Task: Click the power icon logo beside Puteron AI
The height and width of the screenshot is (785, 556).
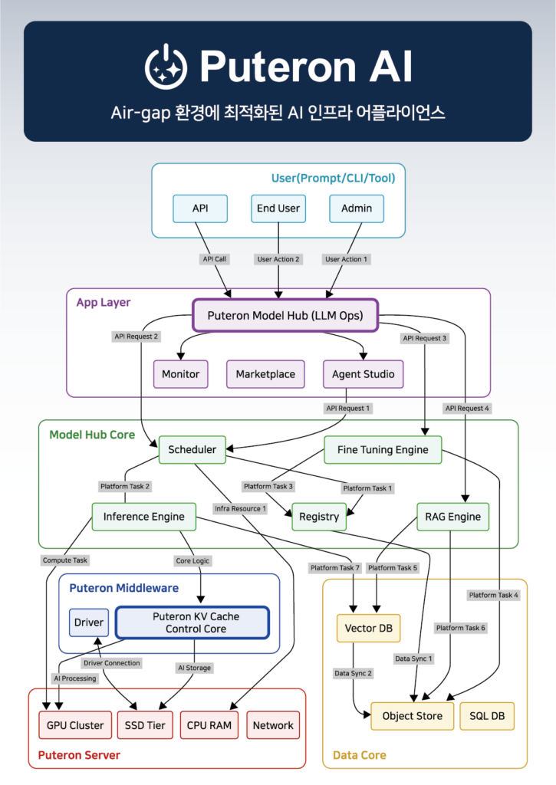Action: pyautogui.click(x=166, y=66)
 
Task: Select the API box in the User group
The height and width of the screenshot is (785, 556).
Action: pyautogui.click(x=199, y=208)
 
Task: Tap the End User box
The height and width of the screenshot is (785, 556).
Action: pyautogui.click(x=278, y=208)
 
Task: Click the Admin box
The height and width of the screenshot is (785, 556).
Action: pyautogui.click(x=357, y=208)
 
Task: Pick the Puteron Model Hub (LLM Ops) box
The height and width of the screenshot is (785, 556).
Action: pyautogui.click(x=285, y=315)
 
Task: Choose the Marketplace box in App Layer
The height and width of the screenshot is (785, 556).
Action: pyautogui.click(x=265, y=374)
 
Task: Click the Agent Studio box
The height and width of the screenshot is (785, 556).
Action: pyautogui.click(x=363, y=374)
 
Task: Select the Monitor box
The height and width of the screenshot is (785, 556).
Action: pyautogui.click(x=180, y=374)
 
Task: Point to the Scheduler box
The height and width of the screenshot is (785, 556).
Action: pyautogui.click(x=192, y=449)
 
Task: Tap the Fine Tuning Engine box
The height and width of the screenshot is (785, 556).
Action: pyautogui.click(x=383, y=449)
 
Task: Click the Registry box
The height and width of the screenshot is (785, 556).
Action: pyautogui.click(x=319, y=517)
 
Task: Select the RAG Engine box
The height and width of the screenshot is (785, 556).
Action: pyautogui.click(x=453, y=517)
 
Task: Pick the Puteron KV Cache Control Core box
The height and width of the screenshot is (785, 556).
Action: pyautogui.click(x=192, y=622)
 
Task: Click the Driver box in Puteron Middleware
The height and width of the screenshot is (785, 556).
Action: pyautogui.click(x=89, y=622)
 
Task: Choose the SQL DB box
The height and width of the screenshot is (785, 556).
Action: pyautogui.click(x=487, y=716)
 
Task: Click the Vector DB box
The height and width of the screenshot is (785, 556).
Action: pyautogui.click(x=369, y=628)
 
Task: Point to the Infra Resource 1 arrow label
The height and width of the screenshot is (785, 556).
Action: pyautogui.click(x=241, y=508)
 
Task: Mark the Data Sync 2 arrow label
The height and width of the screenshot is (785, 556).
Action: pyautogui.click(x=353, y=673)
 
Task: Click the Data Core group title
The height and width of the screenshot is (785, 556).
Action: pyautogui.click(x=359, y=755)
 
